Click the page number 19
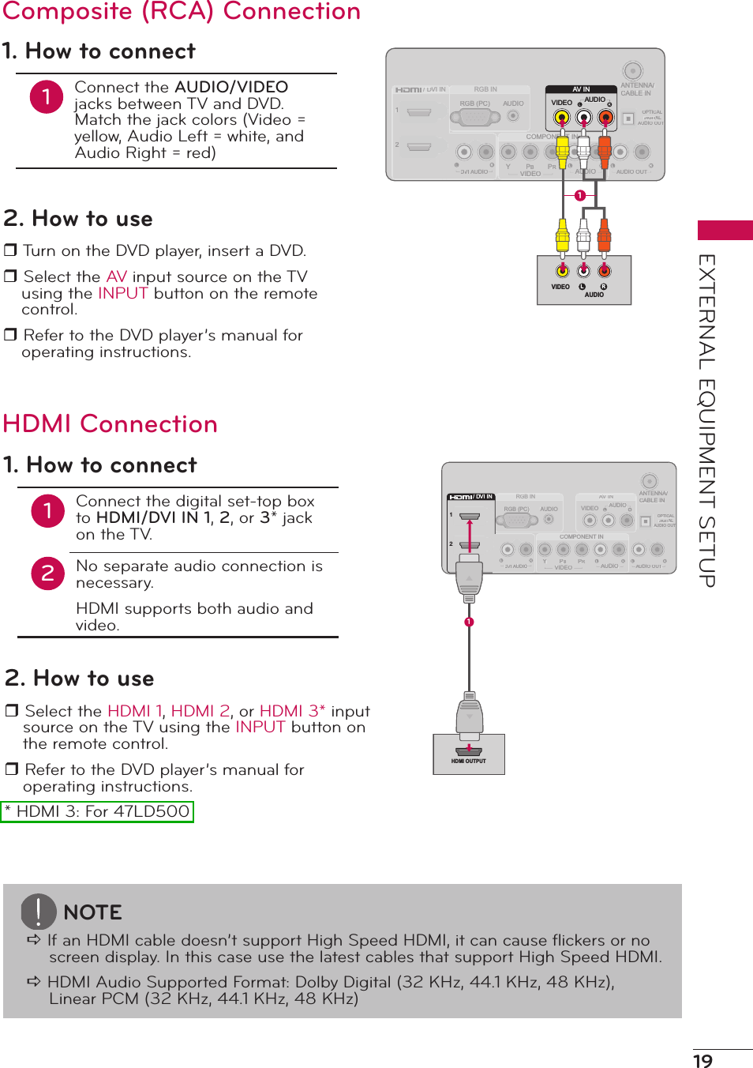(702, 1060)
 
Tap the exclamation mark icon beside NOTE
(38, 912)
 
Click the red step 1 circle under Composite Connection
(47, 96)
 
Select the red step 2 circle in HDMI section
(47, 573)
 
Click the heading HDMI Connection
(111, 424)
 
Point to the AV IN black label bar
(581, 89)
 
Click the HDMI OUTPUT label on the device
(468, 762)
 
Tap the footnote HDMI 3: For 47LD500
(97, 811)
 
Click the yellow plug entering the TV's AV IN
(562, 149)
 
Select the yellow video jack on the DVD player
(562, 271)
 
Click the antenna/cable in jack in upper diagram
(632, 71)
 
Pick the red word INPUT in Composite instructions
(123, 293)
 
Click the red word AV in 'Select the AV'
(117, 276)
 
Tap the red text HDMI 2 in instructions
(200, 711)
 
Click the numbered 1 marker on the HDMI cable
(469, 622)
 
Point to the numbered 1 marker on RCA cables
(580, 195)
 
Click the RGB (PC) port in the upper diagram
(475, 117)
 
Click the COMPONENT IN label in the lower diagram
(581, 536)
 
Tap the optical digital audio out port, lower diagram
(646, 520)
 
